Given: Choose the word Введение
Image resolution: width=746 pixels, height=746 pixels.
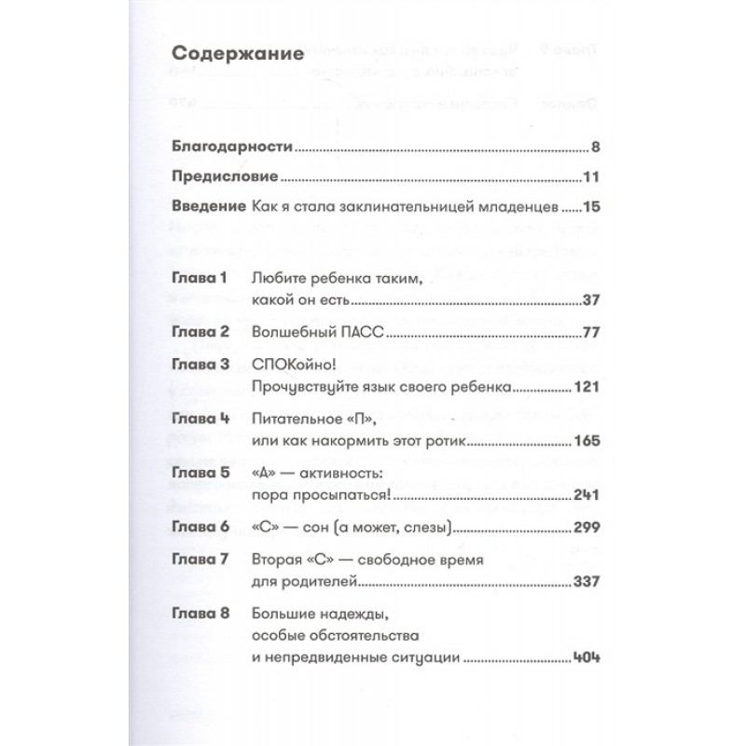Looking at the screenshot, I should coord(208,206).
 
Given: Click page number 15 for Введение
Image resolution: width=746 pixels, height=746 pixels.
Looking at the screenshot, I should coord(573,206).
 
